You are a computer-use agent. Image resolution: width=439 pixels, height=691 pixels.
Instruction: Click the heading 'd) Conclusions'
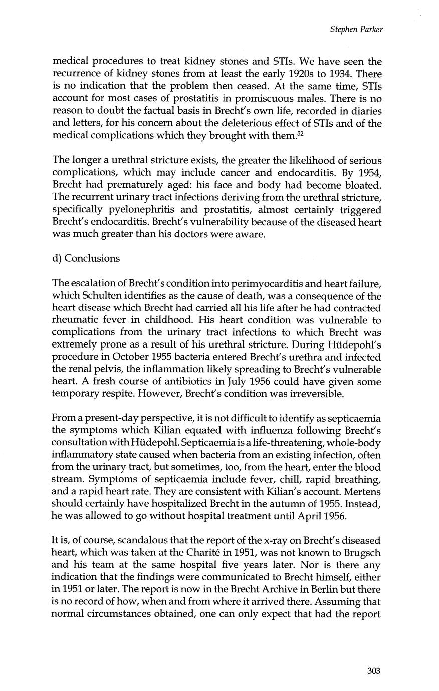point(86,258)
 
